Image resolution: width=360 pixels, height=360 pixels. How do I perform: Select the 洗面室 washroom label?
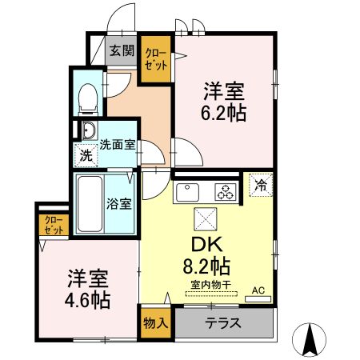pyautogui.click(x=117, y=145)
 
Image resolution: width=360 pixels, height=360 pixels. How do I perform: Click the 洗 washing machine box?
pyautogui.click(x=86, y=155)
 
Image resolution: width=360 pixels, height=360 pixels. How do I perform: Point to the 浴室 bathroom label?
pyautogui.click(x=120, y=203)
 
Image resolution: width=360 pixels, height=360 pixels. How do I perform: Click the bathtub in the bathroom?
pyautogui.click(x=90, y=203)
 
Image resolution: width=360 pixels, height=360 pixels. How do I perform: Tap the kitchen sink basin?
pyautogui.click(x=189, y=193)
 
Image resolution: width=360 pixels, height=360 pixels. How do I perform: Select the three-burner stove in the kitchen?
pyautogui.click(x=226, y=192)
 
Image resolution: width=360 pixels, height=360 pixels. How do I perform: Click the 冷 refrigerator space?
pyautogui.click(x=261, y=185)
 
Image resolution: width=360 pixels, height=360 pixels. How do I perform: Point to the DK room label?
pyautogui.click(x=201, y=241)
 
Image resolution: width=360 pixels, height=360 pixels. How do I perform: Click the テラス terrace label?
pyautogui.click(x=223, y=324)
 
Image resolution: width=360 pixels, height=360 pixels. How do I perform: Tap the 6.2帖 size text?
pyautogui.click(x=222, y=112)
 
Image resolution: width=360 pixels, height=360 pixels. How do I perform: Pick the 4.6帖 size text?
pyautogui.click(x=88, y=302)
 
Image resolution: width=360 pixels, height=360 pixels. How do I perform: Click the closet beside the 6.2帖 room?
pyautogui.click(x=155, y=59)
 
